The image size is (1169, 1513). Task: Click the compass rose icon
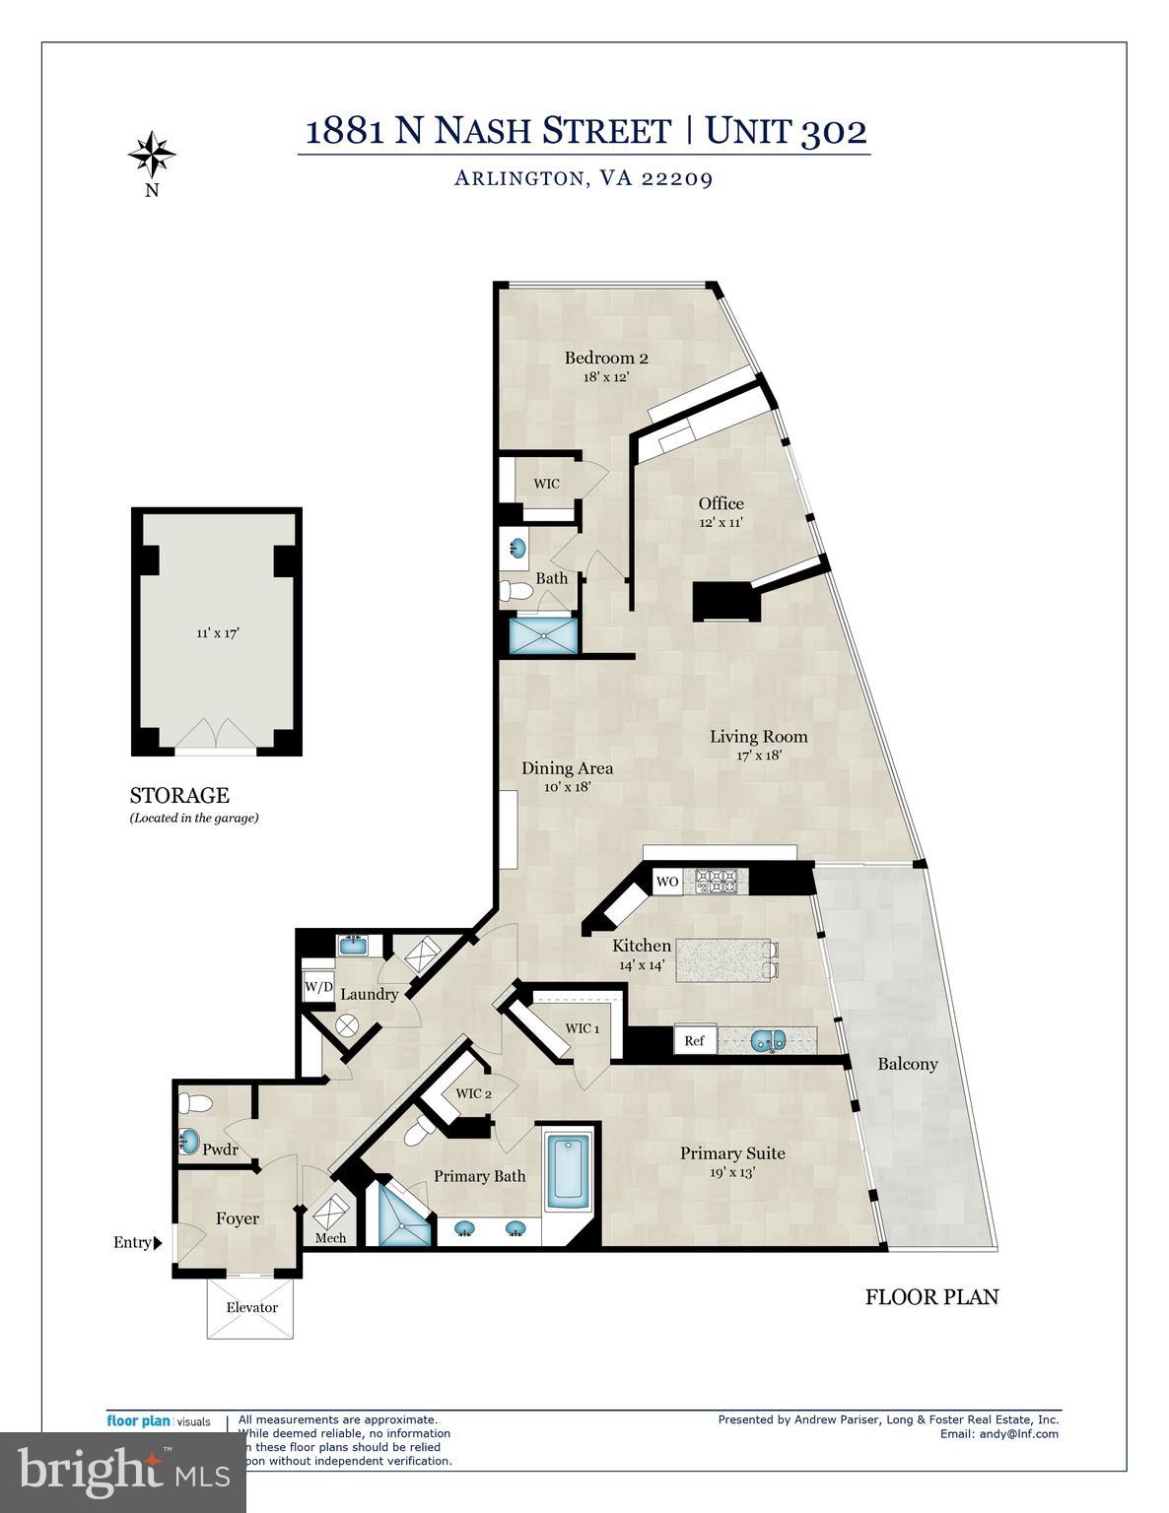(x=152, y=153)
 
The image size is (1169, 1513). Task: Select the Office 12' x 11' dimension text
(x=721, y=523)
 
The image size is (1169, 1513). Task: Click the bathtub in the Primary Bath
(x=569, y=1172)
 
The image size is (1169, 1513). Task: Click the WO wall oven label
(x=667, y=882)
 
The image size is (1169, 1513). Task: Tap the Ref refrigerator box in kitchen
(x=694, y=1040)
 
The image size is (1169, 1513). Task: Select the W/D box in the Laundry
(x=317, y=986)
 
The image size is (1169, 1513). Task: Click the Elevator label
(x=251, y=1307)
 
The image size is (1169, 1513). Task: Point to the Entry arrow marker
(x=158, y=1243)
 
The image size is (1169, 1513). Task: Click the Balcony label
(x=907, y=1064)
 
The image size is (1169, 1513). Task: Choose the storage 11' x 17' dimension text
(x=218, y=633)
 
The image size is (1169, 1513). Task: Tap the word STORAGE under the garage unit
(x=179, y=795)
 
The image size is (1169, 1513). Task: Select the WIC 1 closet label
(x=582, y=1028)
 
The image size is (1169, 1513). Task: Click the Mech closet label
(x=330, y=1237)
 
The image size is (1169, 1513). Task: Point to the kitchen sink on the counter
(x=766, y=1040)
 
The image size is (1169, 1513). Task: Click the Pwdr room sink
(x=189, y=1142)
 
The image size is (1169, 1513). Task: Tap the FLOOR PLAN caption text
(x=931, y=1296)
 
